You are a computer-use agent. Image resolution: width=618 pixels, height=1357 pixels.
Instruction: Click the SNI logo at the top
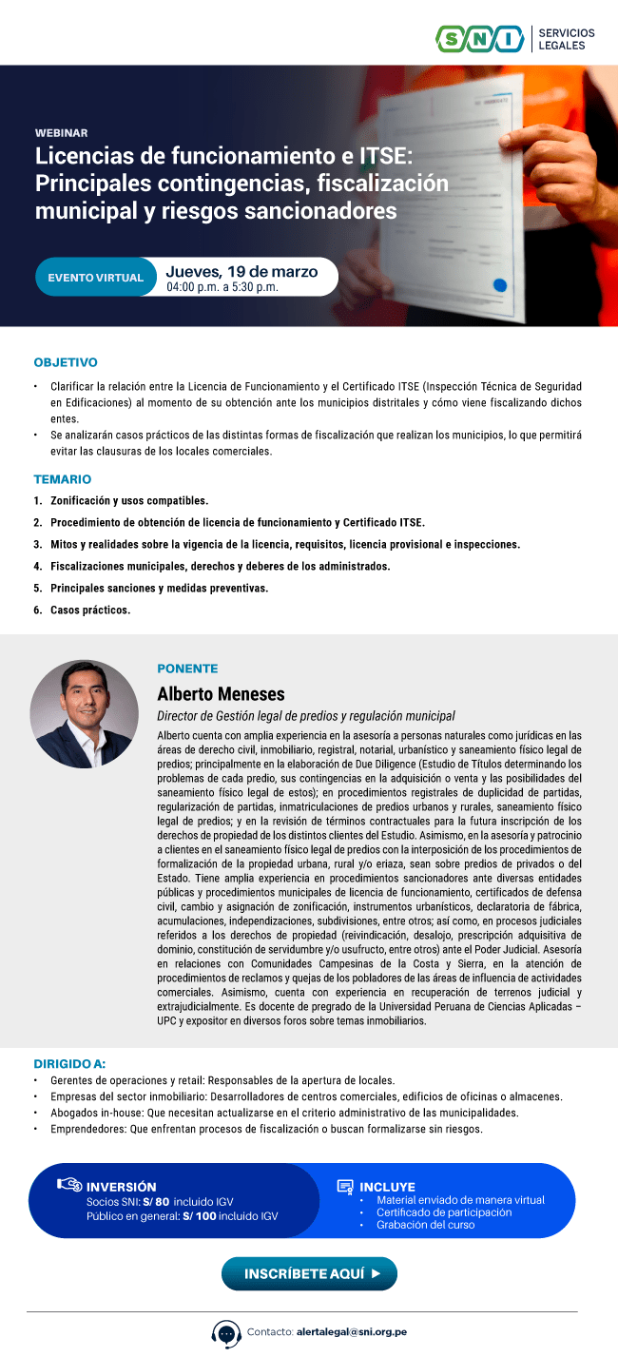tap(480, 38)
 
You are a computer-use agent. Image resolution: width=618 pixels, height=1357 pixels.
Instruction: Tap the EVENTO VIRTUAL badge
tap(95, 278)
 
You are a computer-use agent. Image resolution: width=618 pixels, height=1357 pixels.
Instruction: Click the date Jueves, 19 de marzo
tap(241, 271)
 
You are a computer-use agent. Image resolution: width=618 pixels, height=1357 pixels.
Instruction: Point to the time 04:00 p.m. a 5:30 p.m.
tap(222, 286)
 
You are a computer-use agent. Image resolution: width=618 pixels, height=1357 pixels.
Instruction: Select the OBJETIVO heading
tap(66, 362)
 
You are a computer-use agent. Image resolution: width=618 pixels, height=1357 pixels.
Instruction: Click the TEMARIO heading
tap(63, 479)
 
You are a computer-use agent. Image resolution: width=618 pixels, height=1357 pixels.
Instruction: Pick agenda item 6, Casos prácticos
tap(89, 610)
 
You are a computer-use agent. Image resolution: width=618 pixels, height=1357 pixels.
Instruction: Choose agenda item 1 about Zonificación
tap(128, 500)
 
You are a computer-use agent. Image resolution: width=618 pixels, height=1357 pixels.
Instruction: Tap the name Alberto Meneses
tap(221, 693)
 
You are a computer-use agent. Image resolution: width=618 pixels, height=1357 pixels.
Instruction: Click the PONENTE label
tap(187, 669)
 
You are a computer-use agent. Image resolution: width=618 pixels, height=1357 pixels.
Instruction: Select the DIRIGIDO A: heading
tap(69, 1063)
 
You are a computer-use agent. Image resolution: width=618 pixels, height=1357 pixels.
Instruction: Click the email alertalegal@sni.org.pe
tap(351, 1332)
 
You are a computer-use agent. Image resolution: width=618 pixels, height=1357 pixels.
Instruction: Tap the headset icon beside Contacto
tap(226, 1333)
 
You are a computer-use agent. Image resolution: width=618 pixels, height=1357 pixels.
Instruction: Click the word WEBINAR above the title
tap(61, 133)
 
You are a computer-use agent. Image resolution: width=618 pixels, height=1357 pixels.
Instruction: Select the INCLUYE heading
tap(387, 1187)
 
